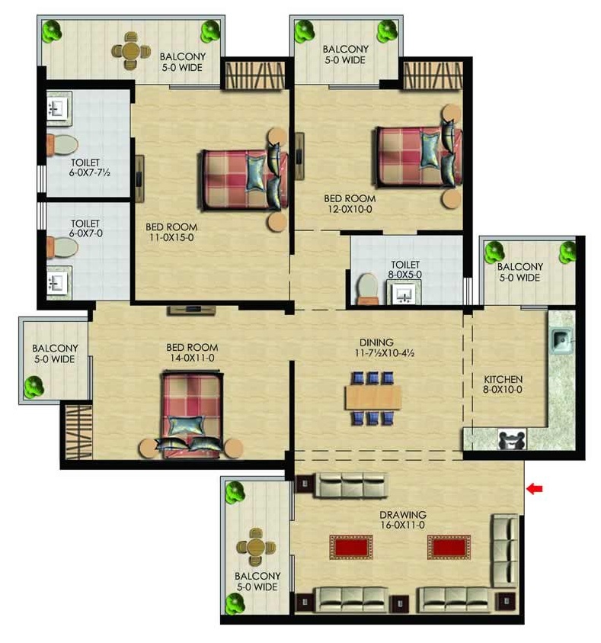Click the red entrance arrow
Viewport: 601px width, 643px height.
tap(534, 488)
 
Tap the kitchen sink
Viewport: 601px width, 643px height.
tap(560, 340)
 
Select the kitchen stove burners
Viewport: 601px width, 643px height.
tap(512, 440)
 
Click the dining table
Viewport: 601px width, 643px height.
tap(373, 397)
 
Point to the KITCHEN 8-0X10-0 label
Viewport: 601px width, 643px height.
tap(503, 384)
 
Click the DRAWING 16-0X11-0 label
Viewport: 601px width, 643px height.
tap(403, 519)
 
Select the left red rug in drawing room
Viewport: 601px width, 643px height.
tap(351, 547)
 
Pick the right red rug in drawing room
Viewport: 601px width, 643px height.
tap(449, 547)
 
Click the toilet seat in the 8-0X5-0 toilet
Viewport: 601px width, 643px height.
tap(368, 288)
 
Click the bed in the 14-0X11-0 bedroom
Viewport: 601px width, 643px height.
tap(192, 413)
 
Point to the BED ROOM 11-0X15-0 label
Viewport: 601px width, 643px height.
tap(171, 232)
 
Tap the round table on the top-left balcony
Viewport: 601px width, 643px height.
tap(130, 51)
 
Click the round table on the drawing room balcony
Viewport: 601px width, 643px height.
tap(256, 547)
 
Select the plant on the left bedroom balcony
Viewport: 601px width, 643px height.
tap(34, 387)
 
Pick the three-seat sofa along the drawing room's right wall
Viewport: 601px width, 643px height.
tap(506, 550)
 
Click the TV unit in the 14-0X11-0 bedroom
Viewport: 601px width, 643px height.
tap(191, 310)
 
